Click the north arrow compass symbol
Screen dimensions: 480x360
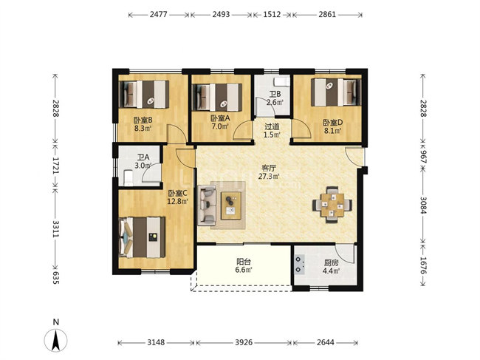tap(55, 339)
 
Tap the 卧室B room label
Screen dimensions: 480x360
tap(143, 120)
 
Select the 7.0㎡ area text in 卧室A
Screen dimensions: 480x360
tap(220, 126)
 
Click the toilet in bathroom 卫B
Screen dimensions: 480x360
tap(281, 82)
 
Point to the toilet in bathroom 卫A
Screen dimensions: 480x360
tap(128, 178)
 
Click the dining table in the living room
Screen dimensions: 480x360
tap(332, 205)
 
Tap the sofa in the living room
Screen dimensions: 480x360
tap(207, 206)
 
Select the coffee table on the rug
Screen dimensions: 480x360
tap(231, 206)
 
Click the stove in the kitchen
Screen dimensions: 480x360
tap(299, 265)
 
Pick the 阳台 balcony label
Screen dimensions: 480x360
tap(244, 262)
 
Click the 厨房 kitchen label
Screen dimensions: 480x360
tap(331, 263)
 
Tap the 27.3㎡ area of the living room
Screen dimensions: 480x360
tap(269, 176)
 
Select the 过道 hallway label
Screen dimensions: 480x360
tap(272, 126)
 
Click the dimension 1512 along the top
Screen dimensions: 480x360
tap(272, 14)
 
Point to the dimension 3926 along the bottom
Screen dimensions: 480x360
tap(244, 342)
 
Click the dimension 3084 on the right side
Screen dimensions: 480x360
tap(422, 205)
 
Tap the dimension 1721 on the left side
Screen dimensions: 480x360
tap(55, 166)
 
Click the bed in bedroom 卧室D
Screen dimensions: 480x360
tap(336, 92)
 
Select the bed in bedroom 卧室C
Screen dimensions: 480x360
tap(142, 237)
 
